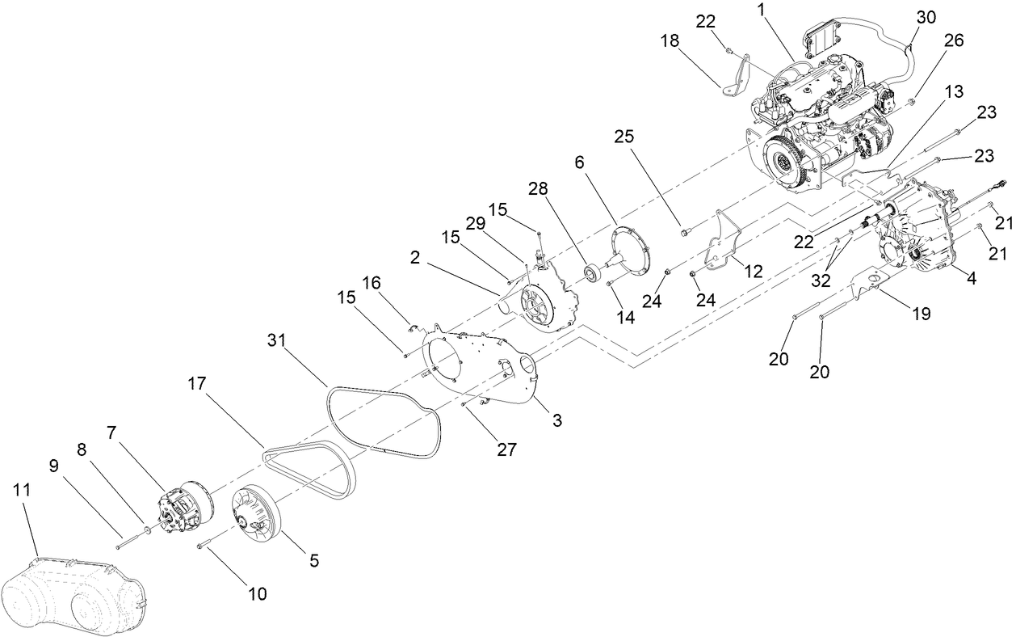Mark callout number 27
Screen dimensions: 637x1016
506,450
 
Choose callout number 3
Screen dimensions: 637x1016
556,420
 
